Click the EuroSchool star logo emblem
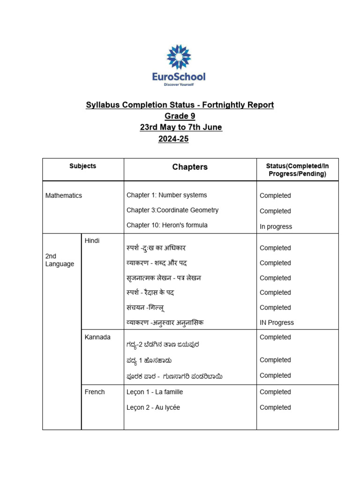point(179,57)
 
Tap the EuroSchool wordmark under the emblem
point(179,76)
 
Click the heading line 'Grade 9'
point(180,116)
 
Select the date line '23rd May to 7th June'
point(181,127)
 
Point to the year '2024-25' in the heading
point(173,139)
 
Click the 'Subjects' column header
point(82,166)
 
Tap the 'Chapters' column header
point(190,167)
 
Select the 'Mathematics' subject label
point(63,195)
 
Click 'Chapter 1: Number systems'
point(166,195)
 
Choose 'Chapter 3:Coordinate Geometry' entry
point(172,210)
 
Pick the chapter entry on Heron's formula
point(167,225)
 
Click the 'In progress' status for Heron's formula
point(276,226)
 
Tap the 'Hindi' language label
point(92,240)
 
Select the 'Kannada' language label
point(97,337)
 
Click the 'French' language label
point(95,392)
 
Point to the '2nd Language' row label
point(60,260)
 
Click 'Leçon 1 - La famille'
point(155,392)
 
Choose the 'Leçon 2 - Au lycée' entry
point(153,407)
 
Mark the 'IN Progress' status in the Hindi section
point(277,322)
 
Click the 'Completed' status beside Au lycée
point(275,407)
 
